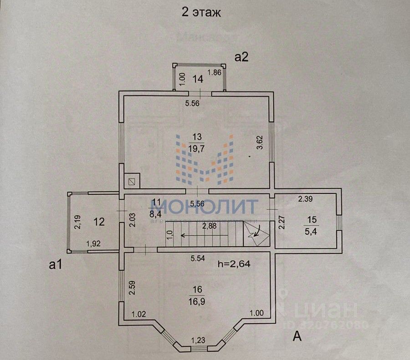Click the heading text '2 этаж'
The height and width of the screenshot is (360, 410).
tap(201, 12)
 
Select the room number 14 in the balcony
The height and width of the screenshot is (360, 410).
tap(197, 79)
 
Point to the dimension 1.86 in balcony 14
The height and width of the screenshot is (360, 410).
tap(215, 72)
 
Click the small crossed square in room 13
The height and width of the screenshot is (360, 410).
tap(132, 182)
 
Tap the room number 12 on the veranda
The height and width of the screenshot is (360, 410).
tap(99, 222)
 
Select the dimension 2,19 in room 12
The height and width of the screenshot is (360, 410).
tap(77, 223)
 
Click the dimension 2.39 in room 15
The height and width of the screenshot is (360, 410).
tap(305, 198)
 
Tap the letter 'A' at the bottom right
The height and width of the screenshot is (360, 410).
tap(297, 337)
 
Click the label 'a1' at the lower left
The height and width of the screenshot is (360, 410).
tap(56, 265)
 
